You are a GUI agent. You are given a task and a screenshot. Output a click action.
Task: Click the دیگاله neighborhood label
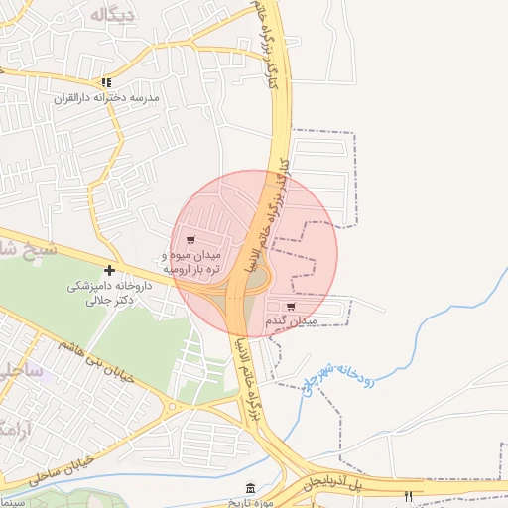111,15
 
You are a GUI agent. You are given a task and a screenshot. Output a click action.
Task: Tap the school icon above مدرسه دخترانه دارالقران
106,83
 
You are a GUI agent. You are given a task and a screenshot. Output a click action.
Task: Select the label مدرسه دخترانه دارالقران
106,100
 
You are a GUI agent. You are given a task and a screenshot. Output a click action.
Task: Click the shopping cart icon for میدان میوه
190,240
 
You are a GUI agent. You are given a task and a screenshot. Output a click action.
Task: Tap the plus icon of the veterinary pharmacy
109,270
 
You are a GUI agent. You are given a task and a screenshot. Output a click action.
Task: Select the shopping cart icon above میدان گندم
290,308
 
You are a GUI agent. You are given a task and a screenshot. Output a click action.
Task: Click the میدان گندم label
291,322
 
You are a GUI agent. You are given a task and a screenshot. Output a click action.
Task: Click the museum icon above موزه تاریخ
250,490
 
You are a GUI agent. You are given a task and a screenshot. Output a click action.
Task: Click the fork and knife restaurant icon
408,495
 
